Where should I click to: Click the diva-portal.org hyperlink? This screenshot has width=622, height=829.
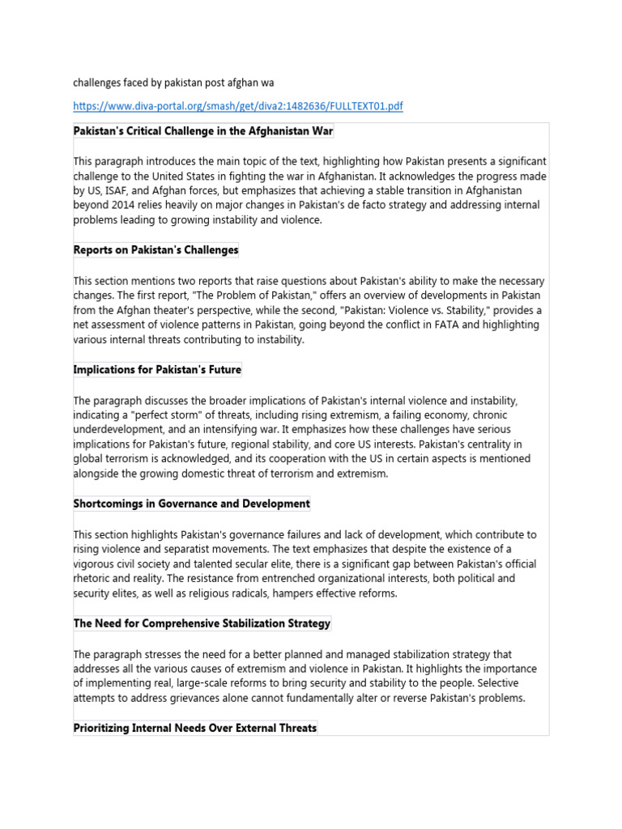coord(238,106)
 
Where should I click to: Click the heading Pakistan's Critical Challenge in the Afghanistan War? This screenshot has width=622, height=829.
coord(203,131)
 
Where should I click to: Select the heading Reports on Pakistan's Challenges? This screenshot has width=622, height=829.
coord(156,250)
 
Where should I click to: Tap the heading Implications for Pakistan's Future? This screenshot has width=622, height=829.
coord(157,370)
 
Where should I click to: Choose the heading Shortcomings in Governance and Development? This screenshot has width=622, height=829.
coord(192,504)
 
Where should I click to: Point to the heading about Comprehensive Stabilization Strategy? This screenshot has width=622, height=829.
coord(202,623)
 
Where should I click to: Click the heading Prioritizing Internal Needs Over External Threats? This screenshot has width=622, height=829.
coord(195,728)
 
